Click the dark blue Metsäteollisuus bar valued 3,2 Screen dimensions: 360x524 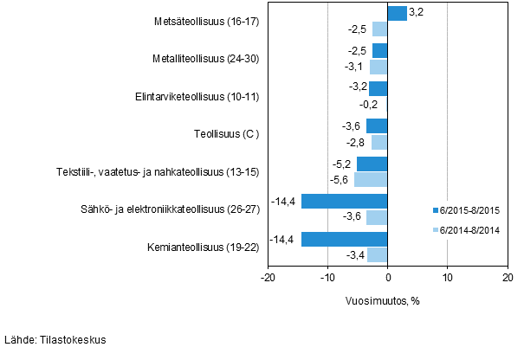tap(397, 13)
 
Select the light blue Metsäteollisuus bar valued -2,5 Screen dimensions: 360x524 tap(379, 29)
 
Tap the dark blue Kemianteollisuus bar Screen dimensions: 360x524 tap(344, 239)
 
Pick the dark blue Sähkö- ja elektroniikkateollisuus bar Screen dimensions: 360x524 tap(344, 202)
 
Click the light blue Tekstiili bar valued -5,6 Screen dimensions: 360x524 tap(371, 179)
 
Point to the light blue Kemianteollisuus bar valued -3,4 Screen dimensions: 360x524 tap(377, 254)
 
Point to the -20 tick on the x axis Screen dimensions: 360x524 tap(268, 277)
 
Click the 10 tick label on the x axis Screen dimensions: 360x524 tap(447, 277)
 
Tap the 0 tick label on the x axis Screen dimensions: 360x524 tap(388, 277)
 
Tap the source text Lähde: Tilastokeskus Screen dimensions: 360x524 tap(55, 340)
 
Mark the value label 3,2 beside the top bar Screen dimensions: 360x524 tap(416, 13)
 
